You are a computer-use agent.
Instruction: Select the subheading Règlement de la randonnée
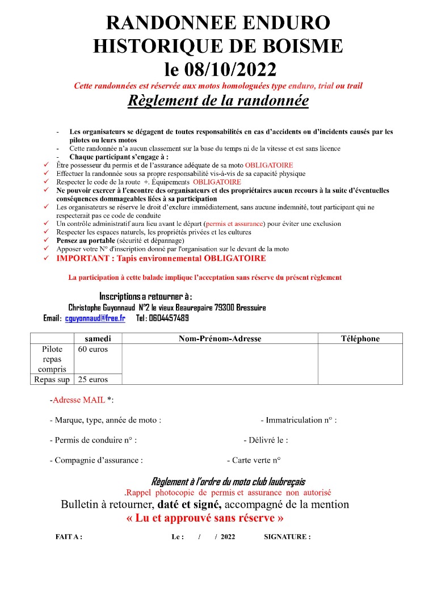coord(218,100)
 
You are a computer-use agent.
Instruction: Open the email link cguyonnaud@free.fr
coord(95,318)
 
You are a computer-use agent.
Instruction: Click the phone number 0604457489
coord(169,318)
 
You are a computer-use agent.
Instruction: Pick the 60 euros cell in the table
coord(93,349)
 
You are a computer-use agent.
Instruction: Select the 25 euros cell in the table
coord(93,379)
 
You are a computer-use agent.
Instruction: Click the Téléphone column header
coord(360,338)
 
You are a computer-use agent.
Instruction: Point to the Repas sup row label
coord(52,379)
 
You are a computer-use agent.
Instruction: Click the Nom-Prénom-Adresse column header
coord(220,338)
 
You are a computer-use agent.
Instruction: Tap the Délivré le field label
coord(266,440)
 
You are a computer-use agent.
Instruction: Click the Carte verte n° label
coord(254,460)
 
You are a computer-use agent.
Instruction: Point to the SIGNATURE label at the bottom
coord(287,536)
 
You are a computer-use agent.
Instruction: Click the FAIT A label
coord(69,536)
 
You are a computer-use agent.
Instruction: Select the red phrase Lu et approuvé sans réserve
coord(205,518)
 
